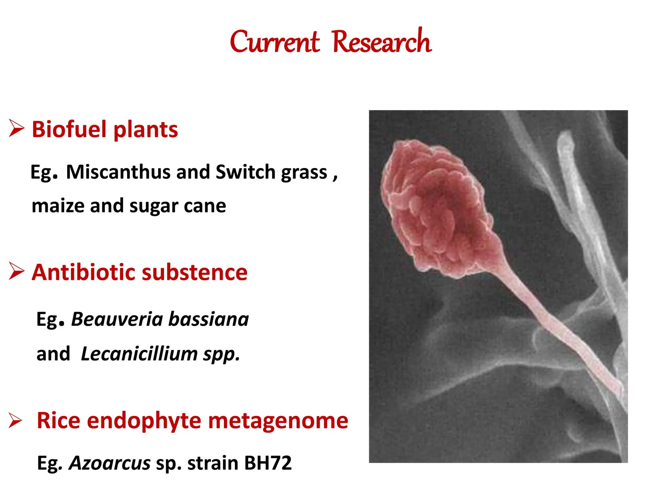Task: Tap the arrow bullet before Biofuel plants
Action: point(16,128)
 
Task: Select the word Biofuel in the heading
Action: point(69,129)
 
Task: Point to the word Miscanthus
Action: point(118,172)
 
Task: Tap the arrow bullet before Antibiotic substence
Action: point(16,271)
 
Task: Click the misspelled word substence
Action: point(195,272)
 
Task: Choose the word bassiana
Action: point(208,319)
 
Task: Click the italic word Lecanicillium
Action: point(139,354)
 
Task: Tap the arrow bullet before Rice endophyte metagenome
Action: point(15,420)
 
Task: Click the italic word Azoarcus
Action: point(110,463)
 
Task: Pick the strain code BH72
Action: point(268,463)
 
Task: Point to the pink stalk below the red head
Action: point(555,329)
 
